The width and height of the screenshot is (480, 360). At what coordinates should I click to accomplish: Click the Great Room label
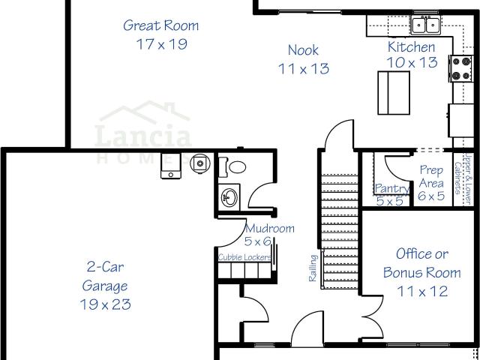[161, 25]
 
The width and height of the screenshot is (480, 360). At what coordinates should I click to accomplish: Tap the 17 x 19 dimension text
[162, 44]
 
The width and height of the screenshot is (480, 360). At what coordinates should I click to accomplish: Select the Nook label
[303, 50]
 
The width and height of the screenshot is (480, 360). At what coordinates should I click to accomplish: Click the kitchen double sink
[425, 25]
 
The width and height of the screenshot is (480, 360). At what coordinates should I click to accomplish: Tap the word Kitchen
[411, 46]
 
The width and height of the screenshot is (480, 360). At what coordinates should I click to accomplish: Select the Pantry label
[392, 188]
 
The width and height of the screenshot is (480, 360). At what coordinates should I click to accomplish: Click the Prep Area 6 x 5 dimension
[431, 196]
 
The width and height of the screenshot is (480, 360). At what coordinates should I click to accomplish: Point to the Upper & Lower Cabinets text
[462, 178]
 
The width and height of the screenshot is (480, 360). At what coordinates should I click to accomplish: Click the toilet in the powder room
[232, 167]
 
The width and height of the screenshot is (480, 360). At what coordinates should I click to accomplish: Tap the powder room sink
[229, 197]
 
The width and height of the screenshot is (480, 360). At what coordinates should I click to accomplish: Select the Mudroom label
[270, 228]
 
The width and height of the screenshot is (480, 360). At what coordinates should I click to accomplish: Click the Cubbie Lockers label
[244, 257]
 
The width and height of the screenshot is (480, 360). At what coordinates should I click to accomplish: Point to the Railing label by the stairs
[313, 268]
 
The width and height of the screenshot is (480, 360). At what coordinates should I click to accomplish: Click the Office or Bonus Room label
[421, 263]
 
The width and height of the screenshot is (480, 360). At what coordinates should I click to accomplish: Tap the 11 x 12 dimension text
[422, 291]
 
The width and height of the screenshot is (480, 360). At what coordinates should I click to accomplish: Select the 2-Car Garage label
[105, 276]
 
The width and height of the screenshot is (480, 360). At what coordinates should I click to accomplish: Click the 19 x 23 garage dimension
[105, 304]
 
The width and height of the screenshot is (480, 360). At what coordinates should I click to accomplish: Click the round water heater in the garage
[200, 163]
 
